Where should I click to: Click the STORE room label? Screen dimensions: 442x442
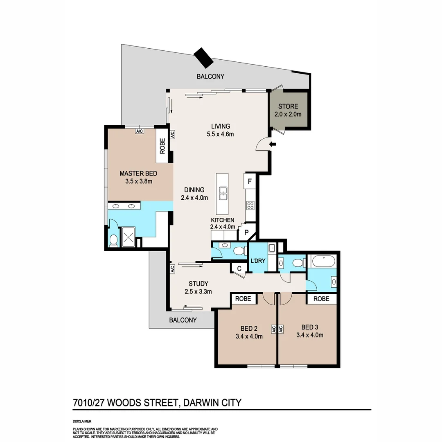tap(288, 106)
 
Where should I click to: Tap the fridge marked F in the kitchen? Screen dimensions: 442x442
tap(249, 180)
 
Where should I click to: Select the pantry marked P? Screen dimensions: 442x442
tap(246, 232)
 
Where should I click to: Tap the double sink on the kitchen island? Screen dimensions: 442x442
tap(223, 194)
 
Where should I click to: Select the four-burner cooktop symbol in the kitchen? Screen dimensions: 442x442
tap(250, 205)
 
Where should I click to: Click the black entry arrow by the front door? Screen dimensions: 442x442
tap(273, 144)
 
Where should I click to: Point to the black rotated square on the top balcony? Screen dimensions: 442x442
tap(203, 57)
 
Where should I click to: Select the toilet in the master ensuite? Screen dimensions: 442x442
tap(113, 240)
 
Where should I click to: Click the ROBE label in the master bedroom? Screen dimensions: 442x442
tap(162, 146)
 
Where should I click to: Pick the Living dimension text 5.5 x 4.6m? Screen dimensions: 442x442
tap(220, 134)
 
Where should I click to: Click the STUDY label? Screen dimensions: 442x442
tap(198, 284)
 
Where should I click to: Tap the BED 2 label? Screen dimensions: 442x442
tap(249, 327)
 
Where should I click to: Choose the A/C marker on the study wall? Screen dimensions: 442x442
tap(172, 269)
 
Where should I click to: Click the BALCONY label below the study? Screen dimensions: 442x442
tap(183, 320)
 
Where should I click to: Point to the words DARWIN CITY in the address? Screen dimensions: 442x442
tap(212, 403)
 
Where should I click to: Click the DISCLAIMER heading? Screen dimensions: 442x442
tap(82, 421)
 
